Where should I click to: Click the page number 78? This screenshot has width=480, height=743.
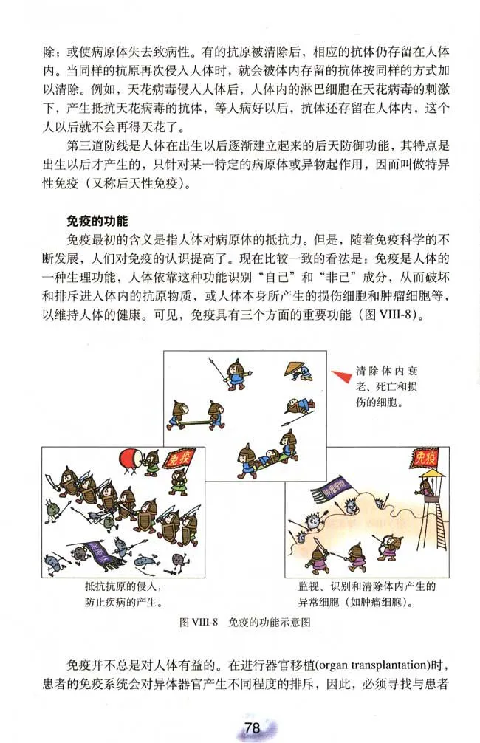[252, 727]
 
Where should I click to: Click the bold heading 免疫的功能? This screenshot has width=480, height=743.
[98, 221]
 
